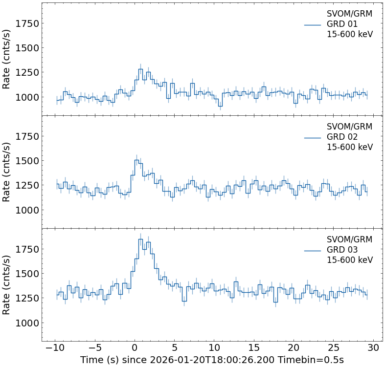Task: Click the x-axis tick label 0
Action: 135,348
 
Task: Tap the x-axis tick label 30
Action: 374,348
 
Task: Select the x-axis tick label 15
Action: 254,348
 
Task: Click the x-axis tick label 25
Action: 334,348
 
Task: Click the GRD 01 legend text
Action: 342,24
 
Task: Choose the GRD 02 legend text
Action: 342,137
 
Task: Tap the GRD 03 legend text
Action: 342,250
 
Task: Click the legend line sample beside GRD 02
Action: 312,137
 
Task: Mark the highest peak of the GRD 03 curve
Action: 140,239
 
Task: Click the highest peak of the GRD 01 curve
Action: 140,69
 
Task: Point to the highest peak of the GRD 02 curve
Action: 136,160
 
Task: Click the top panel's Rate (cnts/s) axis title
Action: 7,59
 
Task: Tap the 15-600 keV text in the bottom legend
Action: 349,260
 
